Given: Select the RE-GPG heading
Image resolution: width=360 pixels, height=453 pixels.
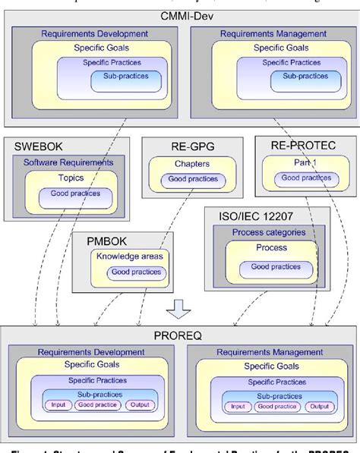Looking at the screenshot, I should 178,145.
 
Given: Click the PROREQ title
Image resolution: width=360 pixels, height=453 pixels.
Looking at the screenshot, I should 180,335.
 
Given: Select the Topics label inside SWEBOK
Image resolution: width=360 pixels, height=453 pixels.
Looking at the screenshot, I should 70,178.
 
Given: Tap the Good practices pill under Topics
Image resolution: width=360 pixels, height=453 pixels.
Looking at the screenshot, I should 70,194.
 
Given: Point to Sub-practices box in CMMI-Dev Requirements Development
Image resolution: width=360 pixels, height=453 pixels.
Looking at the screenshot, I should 125,77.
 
